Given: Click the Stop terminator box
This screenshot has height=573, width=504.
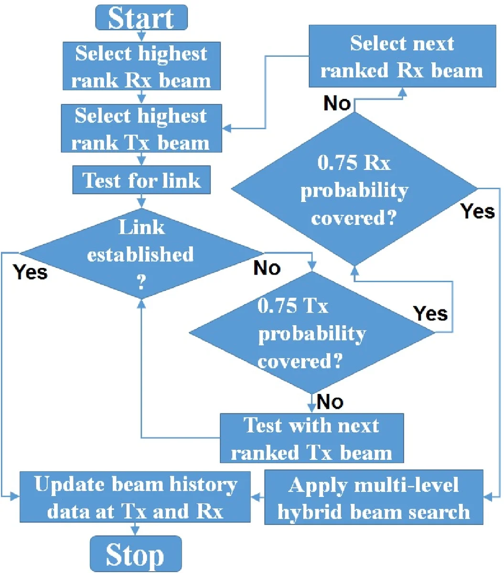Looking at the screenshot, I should click(136, 554).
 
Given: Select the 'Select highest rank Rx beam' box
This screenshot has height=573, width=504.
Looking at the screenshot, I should click(141, 66).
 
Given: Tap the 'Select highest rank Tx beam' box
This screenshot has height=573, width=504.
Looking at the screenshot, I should click(141, 129).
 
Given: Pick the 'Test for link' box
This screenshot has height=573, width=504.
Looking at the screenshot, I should click(141, 180).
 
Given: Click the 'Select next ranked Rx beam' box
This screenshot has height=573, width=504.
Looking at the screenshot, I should click(402, 56).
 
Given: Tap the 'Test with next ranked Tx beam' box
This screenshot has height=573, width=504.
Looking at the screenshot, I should click(311, 438).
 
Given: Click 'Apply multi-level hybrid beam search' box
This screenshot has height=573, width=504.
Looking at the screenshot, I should click(374, 498).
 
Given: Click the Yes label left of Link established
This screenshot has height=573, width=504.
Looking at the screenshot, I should click(30, 272).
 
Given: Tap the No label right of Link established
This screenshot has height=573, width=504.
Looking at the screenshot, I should click(267, 268).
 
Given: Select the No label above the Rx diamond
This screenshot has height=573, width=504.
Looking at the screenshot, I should click(337, 103).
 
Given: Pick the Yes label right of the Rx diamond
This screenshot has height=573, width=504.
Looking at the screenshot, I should click(478, 211).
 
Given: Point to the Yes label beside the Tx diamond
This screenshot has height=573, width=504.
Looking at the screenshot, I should click(430, 313).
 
